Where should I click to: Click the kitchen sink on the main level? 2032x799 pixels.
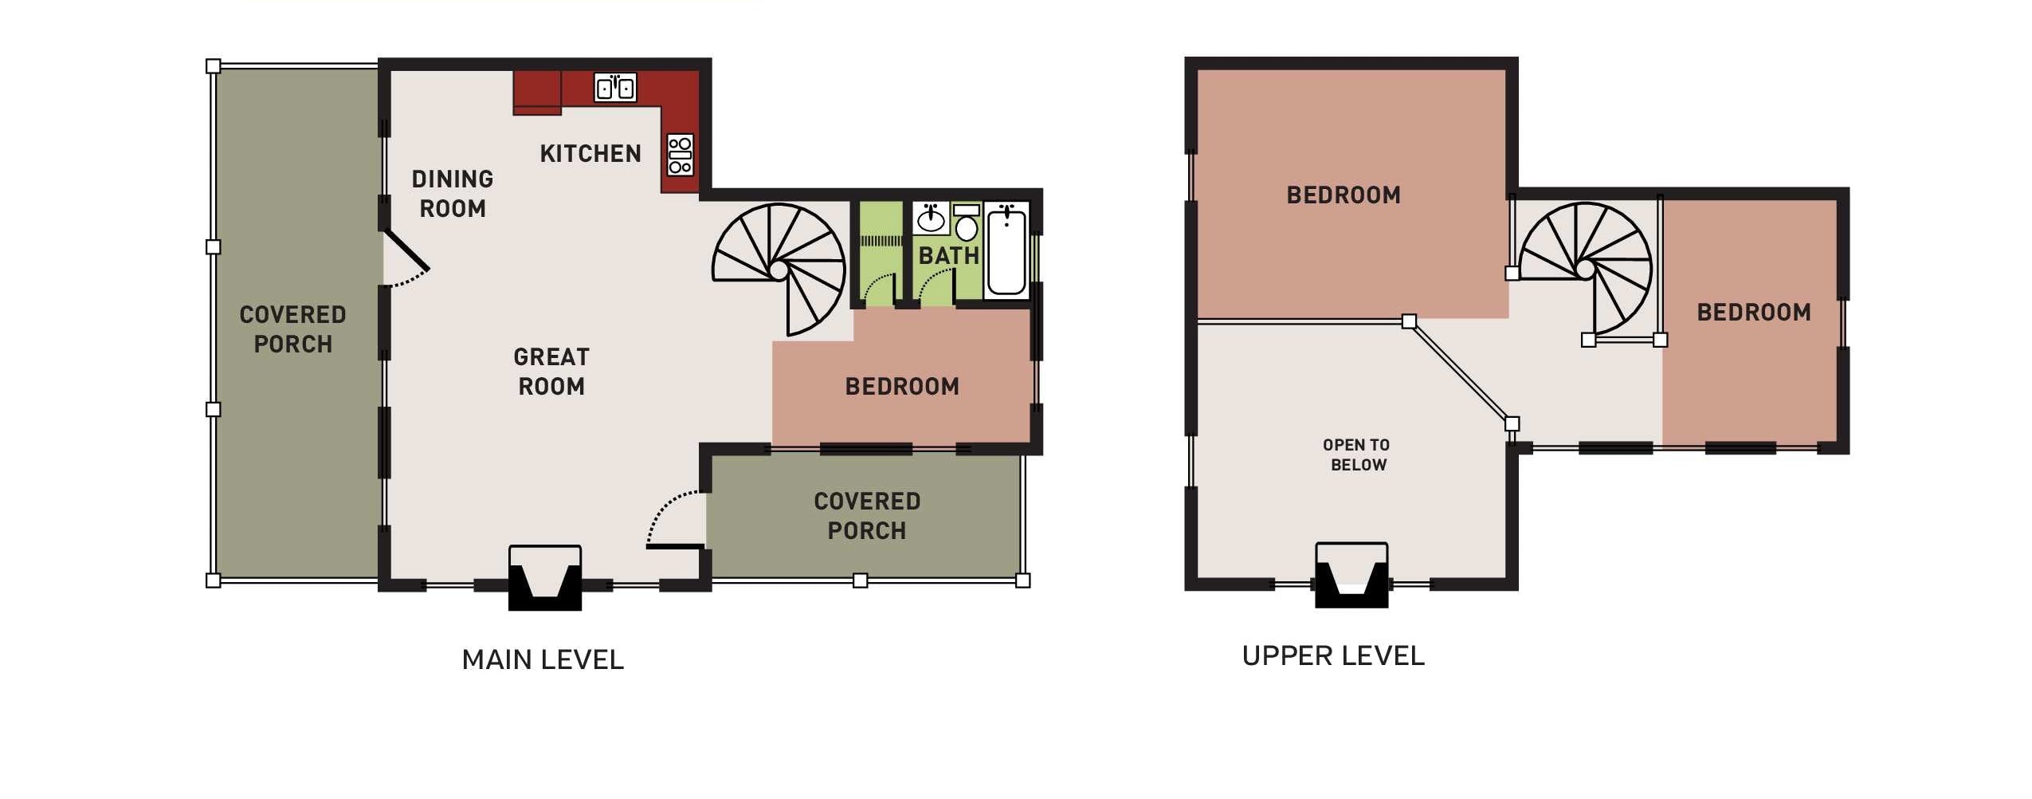pyautogui.click(x=615, y=87)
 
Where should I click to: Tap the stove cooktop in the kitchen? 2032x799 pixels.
pyautogui.click(x=680, y=155)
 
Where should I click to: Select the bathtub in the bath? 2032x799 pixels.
pyautogui.click(x=1006, y=250)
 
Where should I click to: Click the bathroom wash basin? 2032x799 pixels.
pyautogui.click(x=931, y=218)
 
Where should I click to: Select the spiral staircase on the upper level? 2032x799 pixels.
pyautogui.click(x=1585, y=269)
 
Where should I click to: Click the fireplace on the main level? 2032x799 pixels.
pyautogui.click(x=545, y=577)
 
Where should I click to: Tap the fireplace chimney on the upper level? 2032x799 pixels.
pyautogui.click(x=1351, y=575)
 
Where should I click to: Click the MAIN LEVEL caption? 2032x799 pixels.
pyautogui.click(x=543, y=659)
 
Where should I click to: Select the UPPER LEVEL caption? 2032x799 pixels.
pyautogui.click(x=1333, y=655)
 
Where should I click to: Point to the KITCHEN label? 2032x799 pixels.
pyautogui.click(x=590, y=153)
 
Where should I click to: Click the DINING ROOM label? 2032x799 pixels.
pyautogui.click(x=453, y=193)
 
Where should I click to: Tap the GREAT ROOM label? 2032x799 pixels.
pyautogui.click(x=551, y=371)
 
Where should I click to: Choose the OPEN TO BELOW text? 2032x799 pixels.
pyautogui.click(x=1357, y=455)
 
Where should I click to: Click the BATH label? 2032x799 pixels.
pyautogui.click(x=948, y=255)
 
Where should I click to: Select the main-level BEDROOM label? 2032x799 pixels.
pyautogui.click(x=902, y=386)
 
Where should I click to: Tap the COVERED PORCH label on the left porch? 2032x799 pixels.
pyautogui.click(x=292, y=329)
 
